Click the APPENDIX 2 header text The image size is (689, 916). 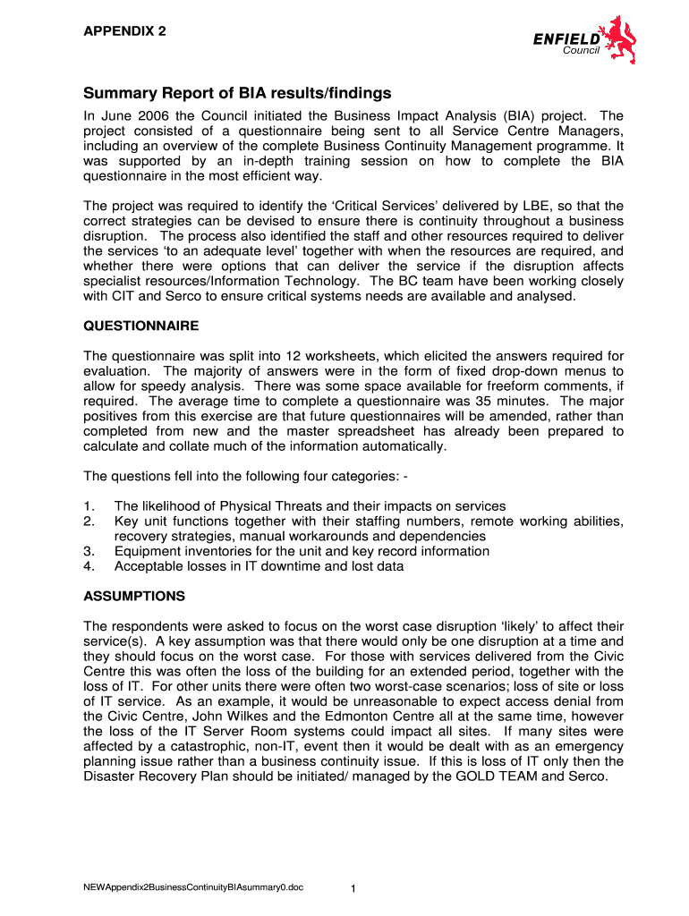[124, 31]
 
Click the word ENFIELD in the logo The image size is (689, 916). [566, 38]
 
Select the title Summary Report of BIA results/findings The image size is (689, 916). [237, 93]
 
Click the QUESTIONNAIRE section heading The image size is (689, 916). [141, 326]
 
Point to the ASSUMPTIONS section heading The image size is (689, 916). [134, 596]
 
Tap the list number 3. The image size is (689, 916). [89, 551]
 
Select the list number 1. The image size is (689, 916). [89, 506]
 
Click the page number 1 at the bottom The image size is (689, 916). [353, 888]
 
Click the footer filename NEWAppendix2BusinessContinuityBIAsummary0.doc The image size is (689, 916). [193, 887]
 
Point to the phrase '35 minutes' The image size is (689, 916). [511, 401]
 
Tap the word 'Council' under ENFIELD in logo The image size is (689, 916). [581, 50]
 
